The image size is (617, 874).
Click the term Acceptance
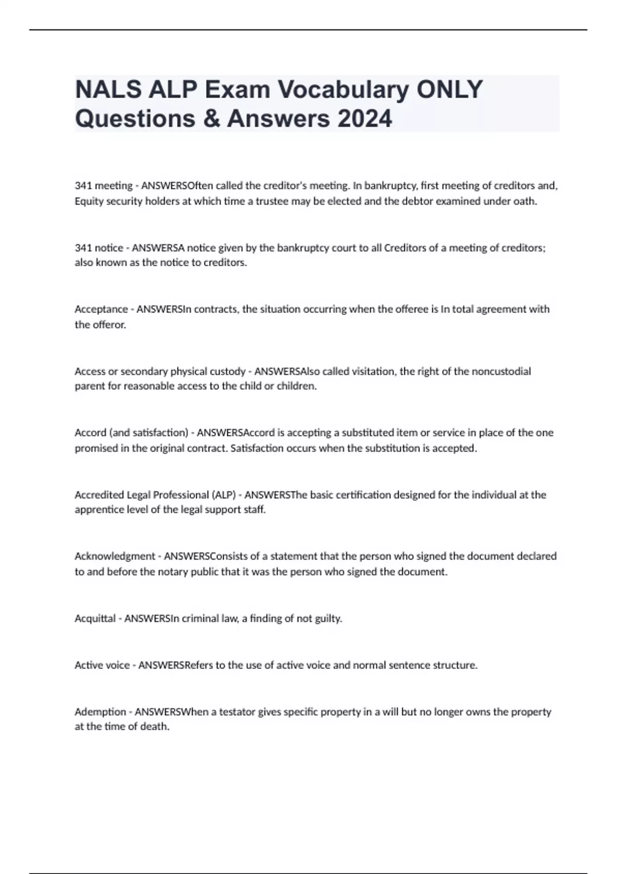point(101,309)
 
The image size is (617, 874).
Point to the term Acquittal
point(95,618)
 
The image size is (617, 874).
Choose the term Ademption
point(101,712)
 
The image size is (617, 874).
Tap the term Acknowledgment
point(115,556)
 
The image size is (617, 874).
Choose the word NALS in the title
point(107,89)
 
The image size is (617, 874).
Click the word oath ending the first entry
point(524,201)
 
